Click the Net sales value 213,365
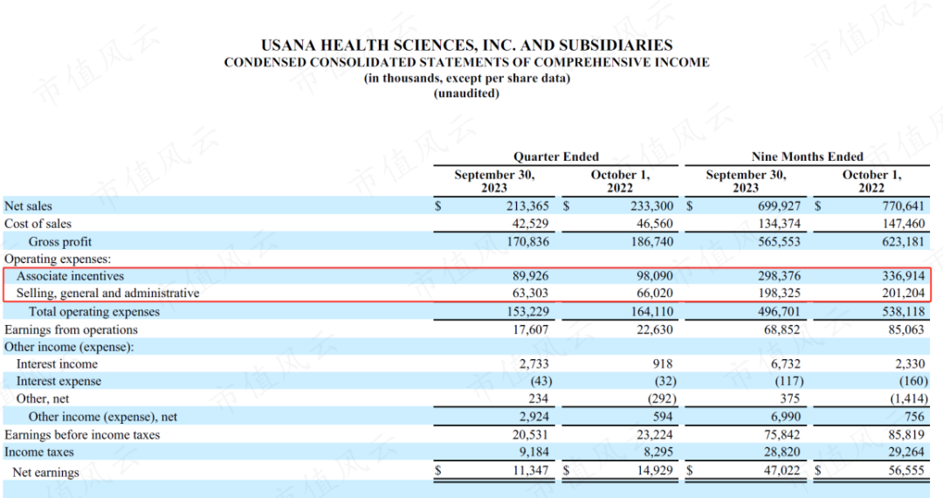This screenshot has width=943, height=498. tap(527, 205)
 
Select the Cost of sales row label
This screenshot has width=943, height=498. tap(38, 224)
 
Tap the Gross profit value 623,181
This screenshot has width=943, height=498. tap(903, 242)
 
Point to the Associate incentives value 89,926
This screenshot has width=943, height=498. tap(531, 276)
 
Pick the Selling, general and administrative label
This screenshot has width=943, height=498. tap(107, 294)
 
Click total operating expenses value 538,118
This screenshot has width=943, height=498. tap(903, 312)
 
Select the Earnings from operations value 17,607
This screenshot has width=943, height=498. tap(531, 329)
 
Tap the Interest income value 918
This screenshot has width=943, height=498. tap(662, 363)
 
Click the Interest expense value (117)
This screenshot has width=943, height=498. tap(789, 381)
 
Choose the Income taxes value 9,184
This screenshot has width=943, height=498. tap(533, 452)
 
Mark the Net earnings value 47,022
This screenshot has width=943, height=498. tap(781, 470)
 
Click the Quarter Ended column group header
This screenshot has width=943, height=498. tap(556, 156)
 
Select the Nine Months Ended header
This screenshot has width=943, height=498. tap(807, 156)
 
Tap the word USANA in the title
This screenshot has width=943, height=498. tap(288, 45)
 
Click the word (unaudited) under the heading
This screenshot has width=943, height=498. tap(466, 93)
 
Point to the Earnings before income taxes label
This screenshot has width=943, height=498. tap(82, 435)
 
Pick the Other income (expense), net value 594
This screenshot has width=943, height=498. tap(662, 417)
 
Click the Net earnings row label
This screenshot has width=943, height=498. tap(45, 472)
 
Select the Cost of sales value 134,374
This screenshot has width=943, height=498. tap(780, 224)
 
